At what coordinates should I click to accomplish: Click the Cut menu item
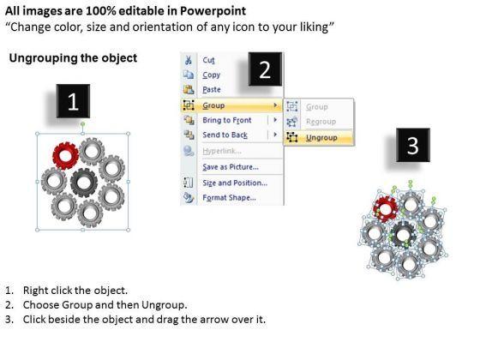point(208,60)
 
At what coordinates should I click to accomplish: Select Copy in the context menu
point(211,75)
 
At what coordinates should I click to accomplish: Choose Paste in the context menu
point(212,89)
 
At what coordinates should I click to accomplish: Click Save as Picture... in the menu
point(231,167)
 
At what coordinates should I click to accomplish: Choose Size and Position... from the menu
point(235,183)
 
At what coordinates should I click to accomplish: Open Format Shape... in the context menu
point(230,197)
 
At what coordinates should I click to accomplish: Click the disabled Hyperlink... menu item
point(222,151)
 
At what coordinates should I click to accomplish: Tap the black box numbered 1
point(73,101)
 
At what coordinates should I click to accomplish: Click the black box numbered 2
point(265,69)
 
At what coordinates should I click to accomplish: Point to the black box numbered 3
point(413,145)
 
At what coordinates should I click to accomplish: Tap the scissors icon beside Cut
point(189,60)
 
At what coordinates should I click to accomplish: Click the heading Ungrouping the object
point(73,58)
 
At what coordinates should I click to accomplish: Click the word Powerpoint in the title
point(213,11)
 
